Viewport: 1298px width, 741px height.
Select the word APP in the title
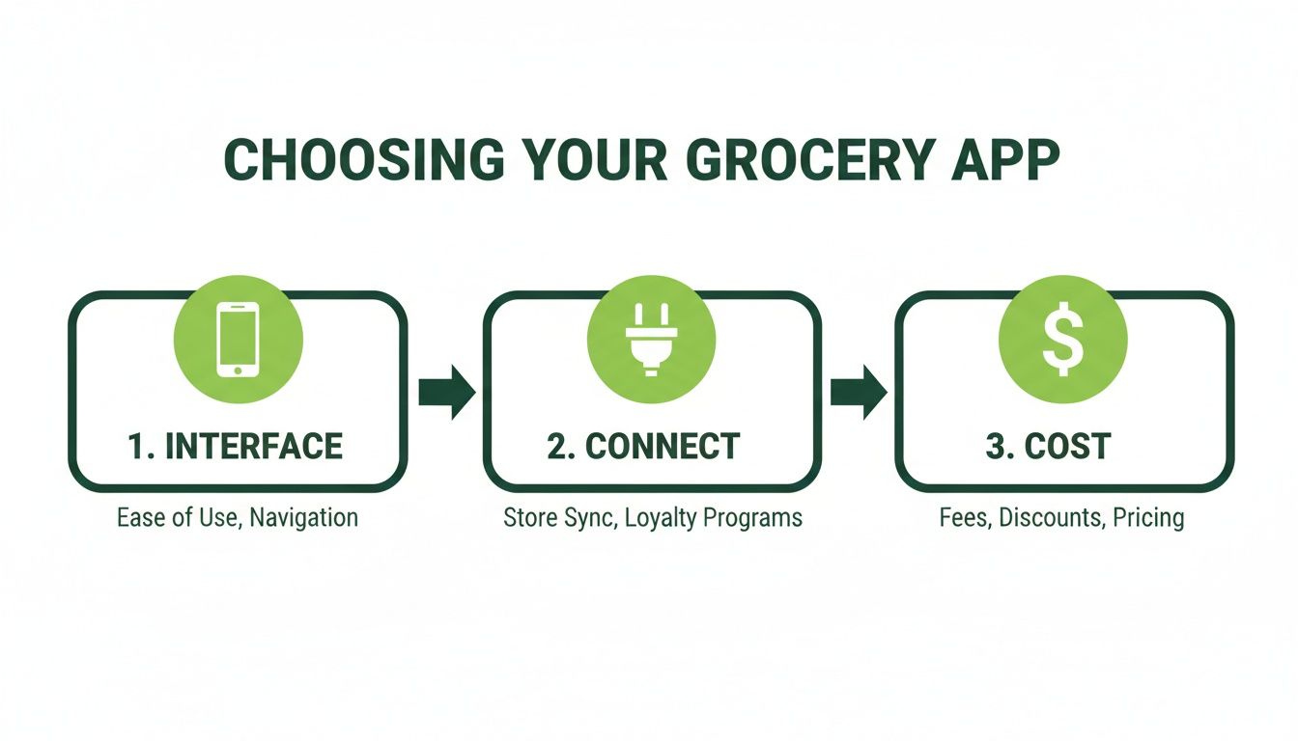(1004, 159)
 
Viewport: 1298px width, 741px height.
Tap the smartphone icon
(238, 340)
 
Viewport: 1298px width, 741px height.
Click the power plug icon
(651, 340)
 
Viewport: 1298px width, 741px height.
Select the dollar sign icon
(1062, 340)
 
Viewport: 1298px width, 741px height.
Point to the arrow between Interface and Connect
(446, 392)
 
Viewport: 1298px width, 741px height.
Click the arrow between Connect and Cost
(859, 392)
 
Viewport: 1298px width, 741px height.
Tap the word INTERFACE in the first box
(254, 446)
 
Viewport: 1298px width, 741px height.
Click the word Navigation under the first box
(303, 518)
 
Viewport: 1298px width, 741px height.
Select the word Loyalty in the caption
(661, 518)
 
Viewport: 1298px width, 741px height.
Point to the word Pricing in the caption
(1148, 518)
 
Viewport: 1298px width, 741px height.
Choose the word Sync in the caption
(588, 518)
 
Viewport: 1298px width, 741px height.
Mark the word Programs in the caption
(752, 518)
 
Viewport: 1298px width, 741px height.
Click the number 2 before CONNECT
(555, 446)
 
